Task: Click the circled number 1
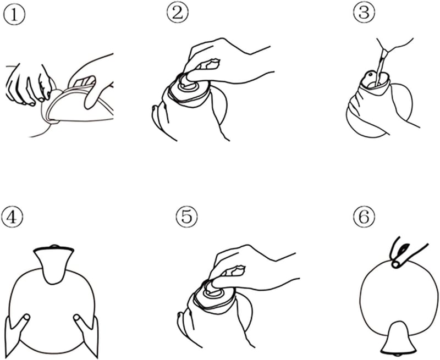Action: coord(14,15)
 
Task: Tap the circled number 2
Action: coord(178,13)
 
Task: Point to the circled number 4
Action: coord(12,218)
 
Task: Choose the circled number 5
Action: coord(187,217)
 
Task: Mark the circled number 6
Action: coord(364,217)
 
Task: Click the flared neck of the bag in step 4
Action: coord(54,264)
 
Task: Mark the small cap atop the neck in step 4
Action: coord(53,247)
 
